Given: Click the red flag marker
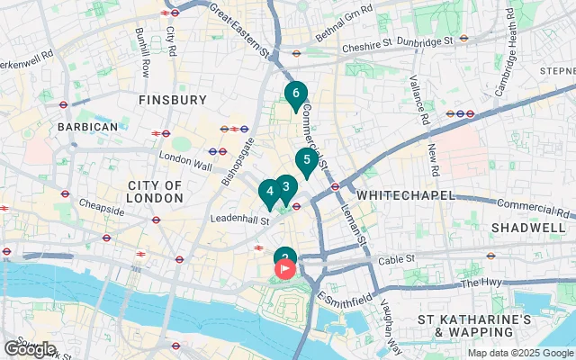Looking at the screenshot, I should point(286,268).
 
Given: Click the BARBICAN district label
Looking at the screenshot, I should point(87,127).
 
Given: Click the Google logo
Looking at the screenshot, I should point(30,348).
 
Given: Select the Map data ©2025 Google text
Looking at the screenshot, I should point(519,353).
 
